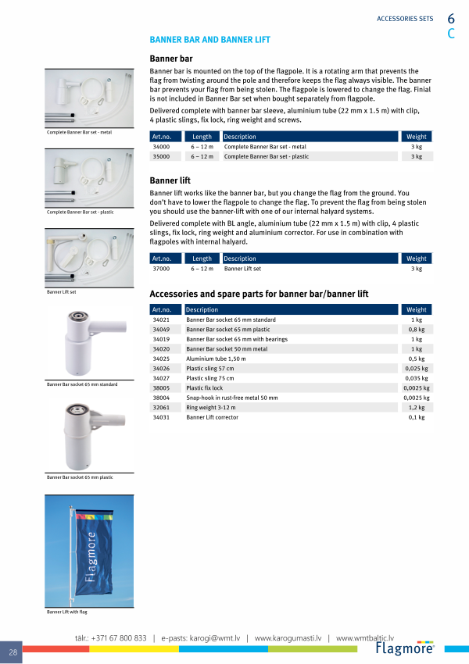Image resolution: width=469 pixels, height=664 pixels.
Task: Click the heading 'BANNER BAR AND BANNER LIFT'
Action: click(x=210, y=39)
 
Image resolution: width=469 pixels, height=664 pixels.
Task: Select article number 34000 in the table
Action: click(x=161, y=147)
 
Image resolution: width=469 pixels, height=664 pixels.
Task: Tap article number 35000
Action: click(x=161, y=157)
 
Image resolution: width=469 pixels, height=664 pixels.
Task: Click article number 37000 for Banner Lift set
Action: click(x=161, y=269)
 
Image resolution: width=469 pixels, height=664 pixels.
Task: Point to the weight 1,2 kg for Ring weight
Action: click(x=417, y=408)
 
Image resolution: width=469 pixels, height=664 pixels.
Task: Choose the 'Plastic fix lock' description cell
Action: click(x=204, y=388)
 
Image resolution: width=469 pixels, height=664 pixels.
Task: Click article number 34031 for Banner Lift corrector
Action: click(x=161, y=418)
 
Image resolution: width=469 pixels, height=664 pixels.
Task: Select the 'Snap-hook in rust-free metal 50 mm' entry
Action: click(x=231, y=398)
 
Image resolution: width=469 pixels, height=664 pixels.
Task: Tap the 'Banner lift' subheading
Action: click(x=170, y=180)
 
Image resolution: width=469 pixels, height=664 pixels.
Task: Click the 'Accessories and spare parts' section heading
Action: click(x=258, y=294)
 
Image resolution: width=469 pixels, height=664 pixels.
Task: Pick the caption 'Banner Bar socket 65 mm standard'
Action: click(x=82, y=384)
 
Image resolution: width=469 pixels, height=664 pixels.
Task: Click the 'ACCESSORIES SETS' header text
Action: click(x=405, y=19)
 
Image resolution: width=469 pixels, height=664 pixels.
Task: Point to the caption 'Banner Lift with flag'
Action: click(x=67, y=612)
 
